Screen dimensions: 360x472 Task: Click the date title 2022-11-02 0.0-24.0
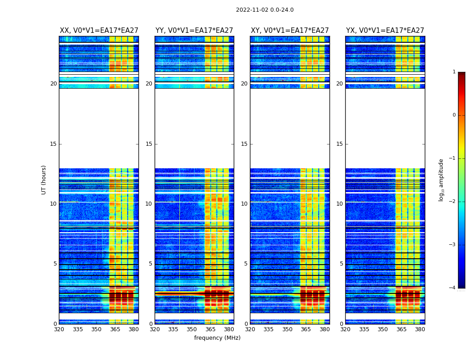point(265,10)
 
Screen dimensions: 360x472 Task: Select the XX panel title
point(99,31)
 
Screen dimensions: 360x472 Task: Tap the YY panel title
point(194,31)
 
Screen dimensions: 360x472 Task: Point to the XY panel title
point(290,31)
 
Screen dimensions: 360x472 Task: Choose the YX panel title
point(385,31)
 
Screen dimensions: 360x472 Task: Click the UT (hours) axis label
point(44,180)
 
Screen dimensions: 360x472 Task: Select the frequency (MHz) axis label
point(217,338)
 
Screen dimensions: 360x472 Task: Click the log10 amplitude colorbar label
point(441,180)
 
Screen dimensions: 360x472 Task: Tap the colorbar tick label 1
point(454,72)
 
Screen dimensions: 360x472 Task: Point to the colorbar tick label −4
point(452,288)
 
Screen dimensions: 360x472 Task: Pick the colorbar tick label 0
point(454,115)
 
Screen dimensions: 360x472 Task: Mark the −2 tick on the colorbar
point(452,202)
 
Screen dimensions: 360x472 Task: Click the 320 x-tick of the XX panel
point(59,329)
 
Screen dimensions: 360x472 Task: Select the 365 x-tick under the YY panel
point(210,329)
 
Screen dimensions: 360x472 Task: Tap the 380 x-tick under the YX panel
point(420,329)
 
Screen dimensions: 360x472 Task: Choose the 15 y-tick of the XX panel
point(53,144)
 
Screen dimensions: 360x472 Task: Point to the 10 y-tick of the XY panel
point(244,204)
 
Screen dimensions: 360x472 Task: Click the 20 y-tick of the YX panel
point(339,84)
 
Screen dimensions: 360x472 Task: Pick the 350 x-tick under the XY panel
point(287,329)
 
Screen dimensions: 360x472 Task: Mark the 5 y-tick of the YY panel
point(151,264)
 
